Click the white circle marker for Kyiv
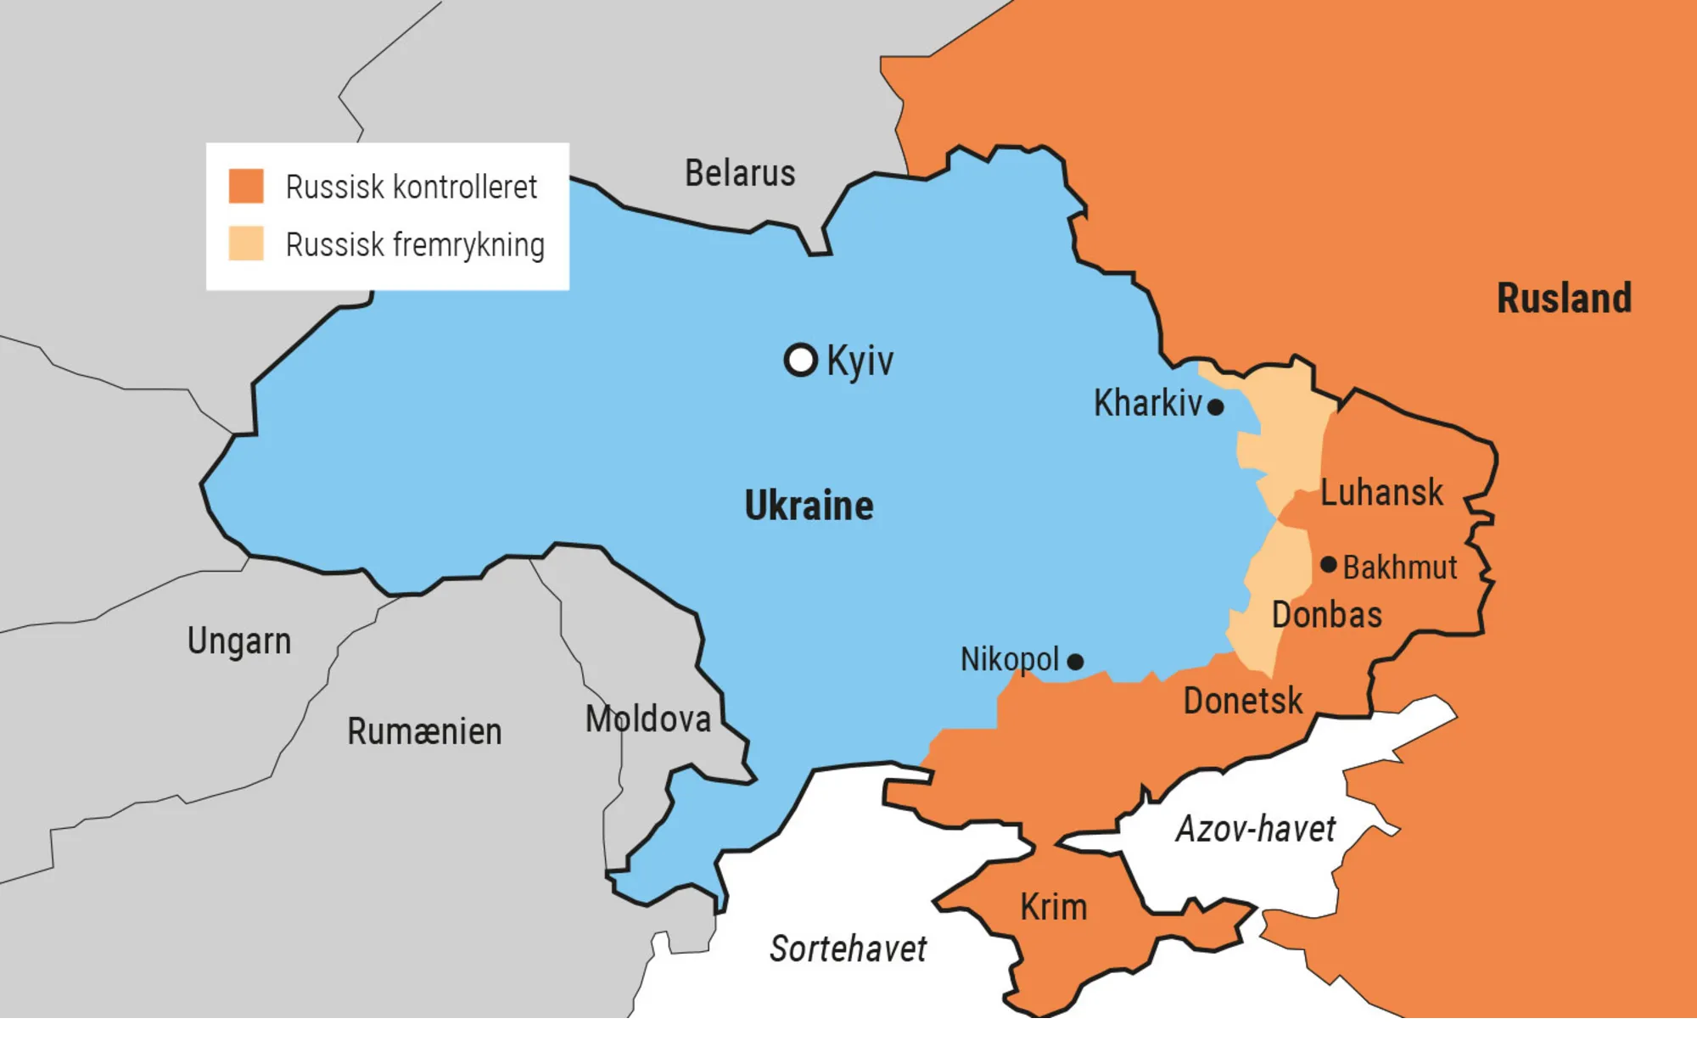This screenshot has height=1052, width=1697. pos(800,360)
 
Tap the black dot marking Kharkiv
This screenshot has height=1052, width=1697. pos(1215,407)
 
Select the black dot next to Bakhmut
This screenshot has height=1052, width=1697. pos(1329,564)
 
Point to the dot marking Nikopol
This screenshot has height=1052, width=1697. pos(1075,662)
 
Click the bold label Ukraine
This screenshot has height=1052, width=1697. pos(809,506)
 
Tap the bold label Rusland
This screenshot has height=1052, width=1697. pos(1564,299)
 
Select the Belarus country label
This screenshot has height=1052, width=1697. pos(740,173)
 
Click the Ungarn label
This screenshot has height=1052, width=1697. pos(239,641)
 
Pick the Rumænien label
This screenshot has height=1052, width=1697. pos(424,731)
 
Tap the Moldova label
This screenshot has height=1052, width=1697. pos(648,719)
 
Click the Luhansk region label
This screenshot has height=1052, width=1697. pos(1381,493)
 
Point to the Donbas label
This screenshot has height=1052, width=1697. pos(1327,615)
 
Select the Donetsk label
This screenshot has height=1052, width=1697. pos(1243,702)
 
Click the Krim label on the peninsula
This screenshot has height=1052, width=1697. pos(1053,908)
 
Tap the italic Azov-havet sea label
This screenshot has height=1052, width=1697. pos(1255,829)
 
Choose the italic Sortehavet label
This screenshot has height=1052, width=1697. pos(848,948)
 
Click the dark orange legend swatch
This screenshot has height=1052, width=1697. pos(246,186)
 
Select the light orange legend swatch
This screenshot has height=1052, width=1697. pos(246,243)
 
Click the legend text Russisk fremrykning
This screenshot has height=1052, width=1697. pos(415,244)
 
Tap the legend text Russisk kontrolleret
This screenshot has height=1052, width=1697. pos(412,187)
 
